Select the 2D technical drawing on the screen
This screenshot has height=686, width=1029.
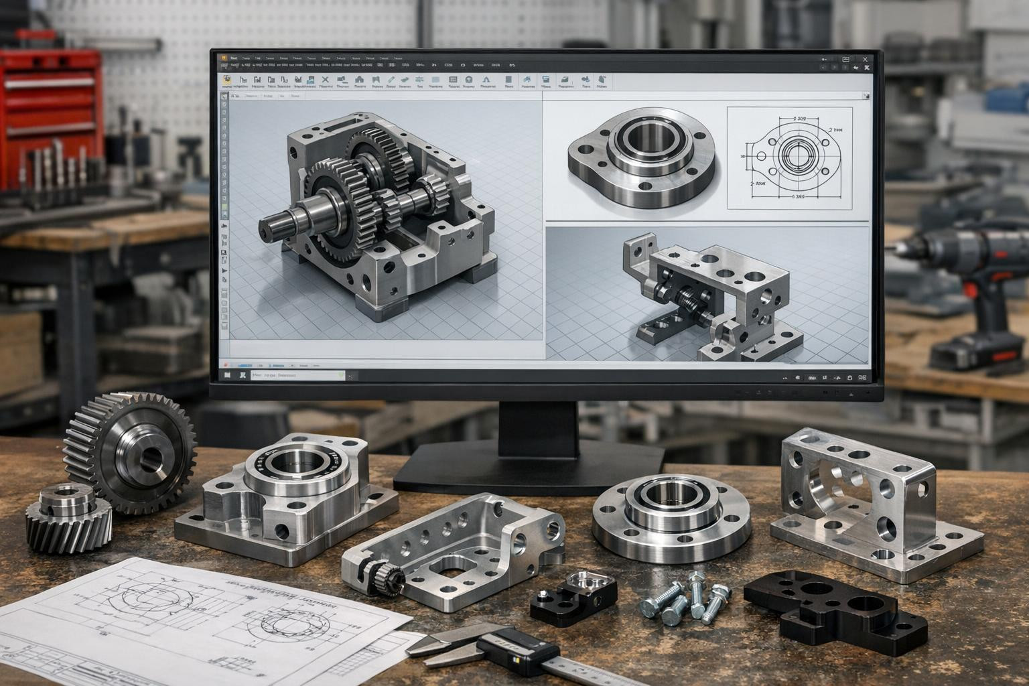click(x=791, y=158)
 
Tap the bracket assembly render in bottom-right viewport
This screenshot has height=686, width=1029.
click(x=710, y=295)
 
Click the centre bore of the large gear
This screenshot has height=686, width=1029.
click(x=149, y=459)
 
